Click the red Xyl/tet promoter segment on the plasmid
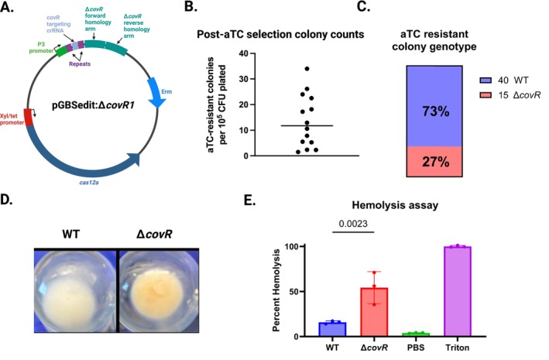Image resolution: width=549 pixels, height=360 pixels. coord(28,117)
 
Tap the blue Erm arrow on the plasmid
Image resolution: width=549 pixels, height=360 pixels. coord(154,92)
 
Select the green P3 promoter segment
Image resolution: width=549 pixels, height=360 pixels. coord(62,51)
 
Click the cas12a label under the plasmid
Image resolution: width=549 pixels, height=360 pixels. coord(89,182)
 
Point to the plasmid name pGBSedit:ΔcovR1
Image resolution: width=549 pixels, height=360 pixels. coord(93,105)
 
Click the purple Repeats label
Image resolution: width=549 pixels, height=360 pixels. coord(80,63)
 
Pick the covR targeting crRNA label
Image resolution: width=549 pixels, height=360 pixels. coord(59,24)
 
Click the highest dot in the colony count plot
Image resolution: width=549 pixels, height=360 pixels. coord(307,69)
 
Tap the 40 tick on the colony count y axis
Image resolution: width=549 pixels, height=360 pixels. coord(243,53)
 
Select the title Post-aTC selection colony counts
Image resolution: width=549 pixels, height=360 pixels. coord(280,34)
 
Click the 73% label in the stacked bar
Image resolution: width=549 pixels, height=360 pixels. coord(435,111)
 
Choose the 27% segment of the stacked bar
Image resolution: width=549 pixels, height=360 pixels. coord(434,162)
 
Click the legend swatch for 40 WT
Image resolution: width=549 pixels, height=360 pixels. coord(486,81)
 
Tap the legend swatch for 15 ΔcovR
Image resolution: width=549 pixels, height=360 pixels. coord(486,95)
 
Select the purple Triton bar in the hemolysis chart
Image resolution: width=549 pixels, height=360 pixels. coord(458,291)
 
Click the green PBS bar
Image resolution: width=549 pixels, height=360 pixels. coord(416,334)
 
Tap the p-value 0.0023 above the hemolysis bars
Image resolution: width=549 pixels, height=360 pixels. coord(353,224)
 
